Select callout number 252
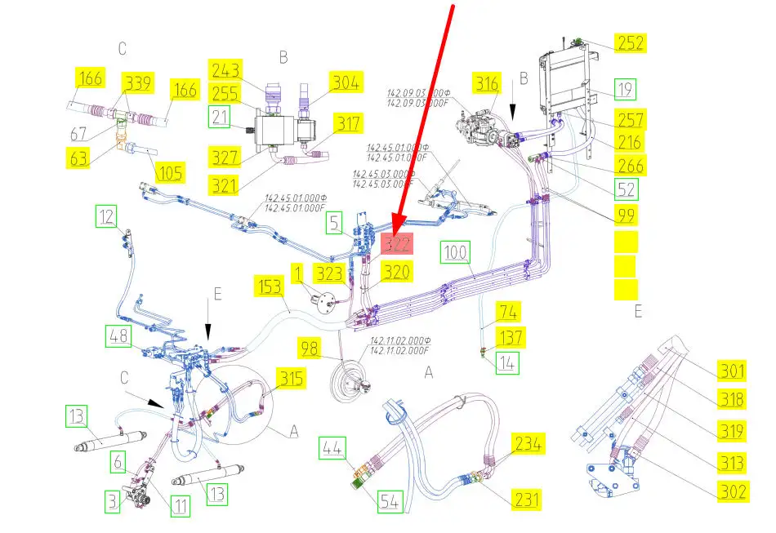tap(629, 43)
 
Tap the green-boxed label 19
tap(626, 89)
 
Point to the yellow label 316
tap(488, 84)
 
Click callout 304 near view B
tap(345, 82)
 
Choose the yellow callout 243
tap(225, 71)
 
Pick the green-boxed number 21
tap(219, 118)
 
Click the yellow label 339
tap(139, 83)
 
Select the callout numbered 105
tap(170, 172)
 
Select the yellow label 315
tap(290, 379)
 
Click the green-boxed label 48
tap(118, 335)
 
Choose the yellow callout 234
tap(528, 444)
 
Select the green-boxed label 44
tap(332, 448)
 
